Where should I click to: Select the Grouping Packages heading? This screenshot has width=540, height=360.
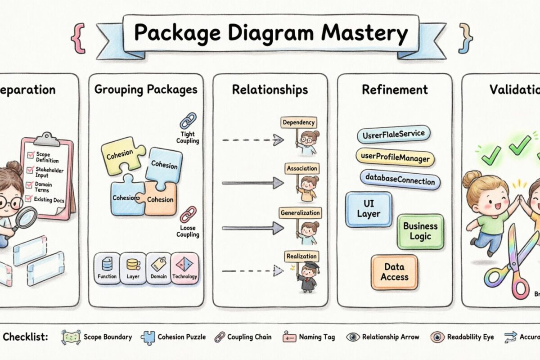click(x=146, y=89)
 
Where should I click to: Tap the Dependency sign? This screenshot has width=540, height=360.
click(x=298, y=122)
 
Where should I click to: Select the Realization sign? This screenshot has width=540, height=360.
click(x=301, y=256)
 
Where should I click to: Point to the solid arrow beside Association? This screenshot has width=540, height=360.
click(x=252, y=183)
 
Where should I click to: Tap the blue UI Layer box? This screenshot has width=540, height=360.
click(x=369, y=209)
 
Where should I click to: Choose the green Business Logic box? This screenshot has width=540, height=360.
click(x=420, y=231)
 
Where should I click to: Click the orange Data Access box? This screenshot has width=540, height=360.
click(x=394, y=272)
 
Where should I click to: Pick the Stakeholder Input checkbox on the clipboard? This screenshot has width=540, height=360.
click(x=31, y=170)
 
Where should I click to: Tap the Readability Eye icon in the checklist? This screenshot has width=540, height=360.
click(x=436, y=337)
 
